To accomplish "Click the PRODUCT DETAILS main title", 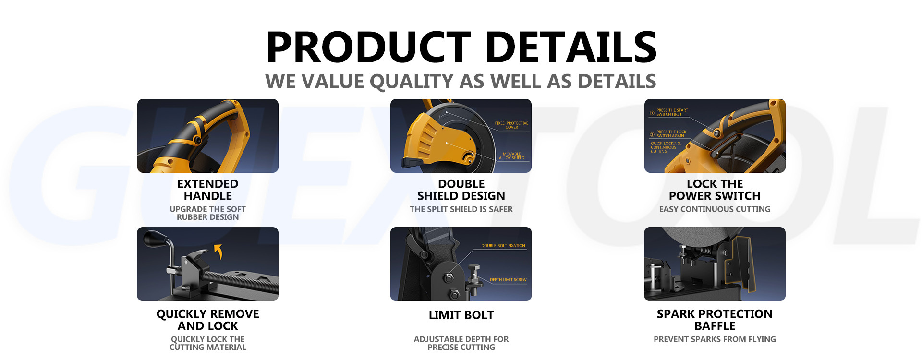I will coord(461,47).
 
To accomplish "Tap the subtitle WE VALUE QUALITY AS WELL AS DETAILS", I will coord(461,82).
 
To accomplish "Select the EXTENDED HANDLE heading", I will coord(207,190).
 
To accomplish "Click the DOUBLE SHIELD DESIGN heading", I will coord(461,190).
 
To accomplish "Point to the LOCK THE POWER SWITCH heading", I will coord(715,190).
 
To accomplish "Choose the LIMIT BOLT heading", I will coord(461,315).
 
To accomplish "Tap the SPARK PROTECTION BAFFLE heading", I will coord(715,320).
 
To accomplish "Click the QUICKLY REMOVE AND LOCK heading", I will coord(207,320).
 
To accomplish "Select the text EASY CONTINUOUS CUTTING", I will coord(715,209).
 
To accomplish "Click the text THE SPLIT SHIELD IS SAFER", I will coord(461,209).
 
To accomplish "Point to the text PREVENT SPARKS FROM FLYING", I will coord(715,339).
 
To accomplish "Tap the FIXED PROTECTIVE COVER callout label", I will coord(511,125).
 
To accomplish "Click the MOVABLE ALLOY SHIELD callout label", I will coord(511,156).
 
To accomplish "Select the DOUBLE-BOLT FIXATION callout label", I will coord(503,246).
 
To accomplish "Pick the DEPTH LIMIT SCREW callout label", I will coord(508,280).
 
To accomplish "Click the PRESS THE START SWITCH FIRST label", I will coord(672,112).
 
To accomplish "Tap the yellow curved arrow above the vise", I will coord(218,251).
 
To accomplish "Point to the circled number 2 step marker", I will coord(652,135).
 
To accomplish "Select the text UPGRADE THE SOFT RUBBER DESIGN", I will coord(207,213).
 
